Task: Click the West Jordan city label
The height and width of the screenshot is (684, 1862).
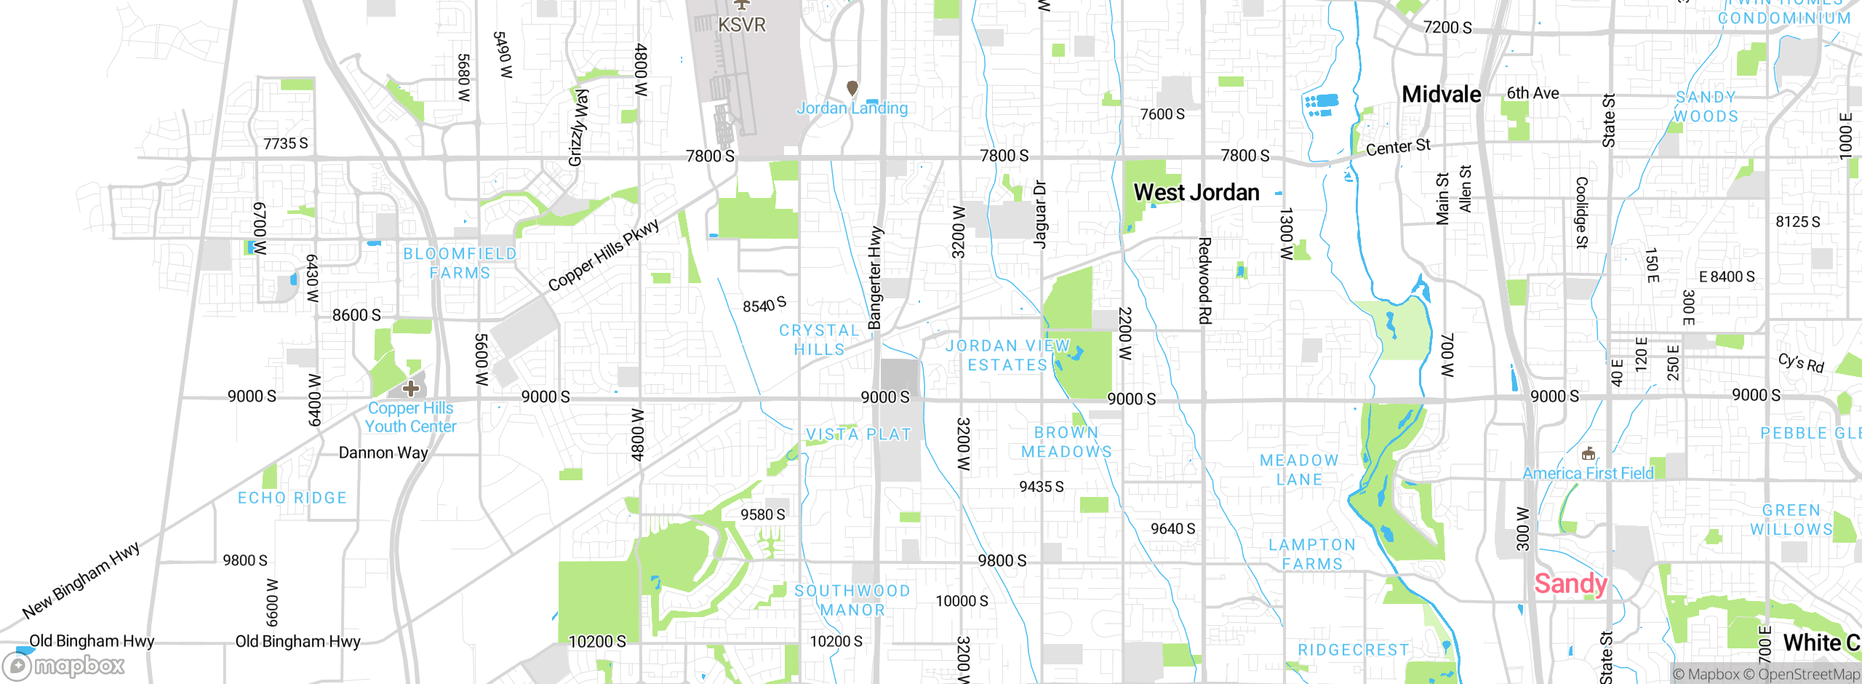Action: (1196, 193)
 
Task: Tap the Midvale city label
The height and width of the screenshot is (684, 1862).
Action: (1441, 95)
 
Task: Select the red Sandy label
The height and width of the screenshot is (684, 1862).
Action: (1570, 584)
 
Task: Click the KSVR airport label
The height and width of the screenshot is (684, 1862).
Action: (741, 25)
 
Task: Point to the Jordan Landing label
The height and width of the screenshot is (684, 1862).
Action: (852, 108)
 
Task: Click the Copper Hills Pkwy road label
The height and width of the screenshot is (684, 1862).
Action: (603, 255)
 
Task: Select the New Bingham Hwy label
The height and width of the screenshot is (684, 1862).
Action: (81, 580)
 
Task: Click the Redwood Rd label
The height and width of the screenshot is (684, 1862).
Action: (1204, 280)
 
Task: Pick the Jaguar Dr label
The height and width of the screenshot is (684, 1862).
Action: (1040, 215)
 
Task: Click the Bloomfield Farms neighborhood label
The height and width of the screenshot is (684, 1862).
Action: (460, 263)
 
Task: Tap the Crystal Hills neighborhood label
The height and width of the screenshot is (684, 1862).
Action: (819, 340)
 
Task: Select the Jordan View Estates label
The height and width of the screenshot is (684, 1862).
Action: (1007, 355)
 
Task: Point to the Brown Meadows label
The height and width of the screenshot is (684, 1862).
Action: (1066, 442)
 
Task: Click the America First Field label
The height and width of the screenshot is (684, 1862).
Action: (1588, 474)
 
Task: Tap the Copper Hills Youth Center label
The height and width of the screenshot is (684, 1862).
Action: (411, 418)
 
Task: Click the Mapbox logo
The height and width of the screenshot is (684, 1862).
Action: (64, 666)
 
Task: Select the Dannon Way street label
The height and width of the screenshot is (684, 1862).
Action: (383, 453)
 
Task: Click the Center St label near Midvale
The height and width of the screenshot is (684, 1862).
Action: (1398, 148)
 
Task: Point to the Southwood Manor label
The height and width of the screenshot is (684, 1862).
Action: (852, 600)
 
